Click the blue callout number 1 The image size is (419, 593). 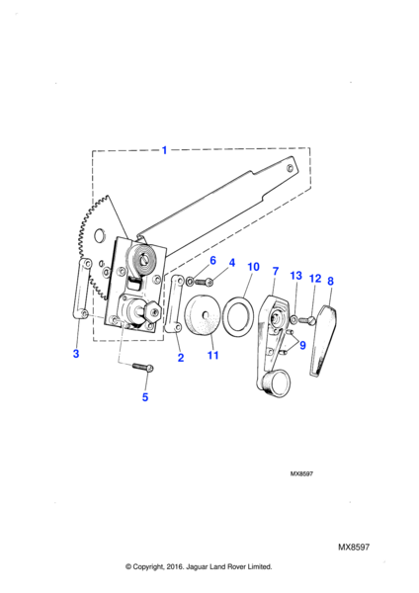tap(164, 150)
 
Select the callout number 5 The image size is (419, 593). tap(145, 397)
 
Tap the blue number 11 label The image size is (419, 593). tap(212, 355)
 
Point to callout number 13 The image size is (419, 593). tap(296, 276)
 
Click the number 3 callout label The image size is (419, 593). tap(76, 354)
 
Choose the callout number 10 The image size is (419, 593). tap(253, 267)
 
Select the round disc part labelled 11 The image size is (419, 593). tap(203, 314)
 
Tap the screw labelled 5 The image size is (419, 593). tap(143, 367)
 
